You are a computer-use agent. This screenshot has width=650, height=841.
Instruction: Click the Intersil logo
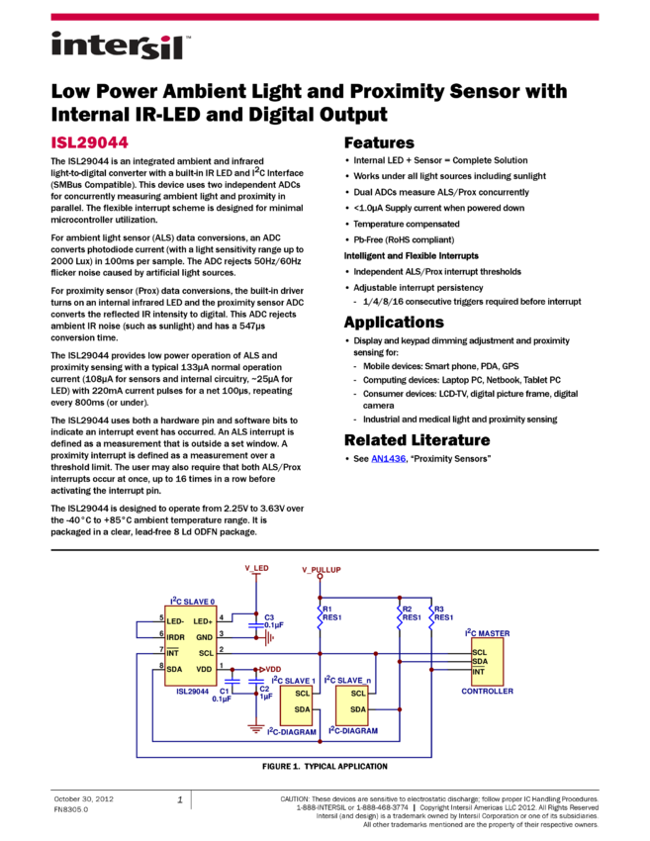(x=121, y=47)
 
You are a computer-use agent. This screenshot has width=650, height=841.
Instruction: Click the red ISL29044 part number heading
(x=90, y=142)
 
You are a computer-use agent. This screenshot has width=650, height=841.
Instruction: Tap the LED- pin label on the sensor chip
(x=175, y=621)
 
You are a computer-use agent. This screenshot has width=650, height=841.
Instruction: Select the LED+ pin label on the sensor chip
(x=204, y=621)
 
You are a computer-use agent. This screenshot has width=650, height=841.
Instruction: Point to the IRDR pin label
(x=176, y=637)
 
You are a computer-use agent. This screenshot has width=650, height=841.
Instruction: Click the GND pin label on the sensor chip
(x=205, y=637)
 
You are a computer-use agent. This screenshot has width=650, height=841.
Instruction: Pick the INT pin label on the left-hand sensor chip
(x=172, y=653)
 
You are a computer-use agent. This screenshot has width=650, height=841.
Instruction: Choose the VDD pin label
(x=205, y=670)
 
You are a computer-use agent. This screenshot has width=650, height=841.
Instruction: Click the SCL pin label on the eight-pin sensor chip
(x=206, y=653)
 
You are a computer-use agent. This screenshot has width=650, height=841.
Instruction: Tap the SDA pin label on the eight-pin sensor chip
(x=174, y=670)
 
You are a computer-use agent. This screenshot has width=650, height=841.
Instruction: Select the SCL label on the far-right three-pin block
(x=480, y=652)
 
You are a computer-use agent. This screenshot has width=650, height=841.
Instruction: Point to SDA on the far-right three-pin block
(x=480, y=662)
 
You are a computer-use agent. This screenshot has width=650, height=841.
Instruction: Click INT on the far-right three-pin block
(x=479, y=672)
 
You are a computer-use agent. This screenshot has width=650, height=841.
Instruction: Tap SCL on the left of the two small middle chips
(x=303, y=694)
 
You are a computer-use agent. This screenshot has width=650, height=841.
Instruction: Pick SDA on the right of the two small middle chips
(x=358, y=709)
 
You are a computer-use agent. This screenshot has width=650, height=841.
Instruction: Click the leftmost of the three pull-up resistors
(x=320, y=617)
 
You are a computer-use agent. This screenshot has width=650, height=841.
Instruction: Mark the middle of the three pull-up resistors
(x=400, y=617)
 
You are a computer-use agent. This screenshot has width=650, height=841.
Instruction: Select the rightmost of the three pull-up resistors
(x=431, y=617)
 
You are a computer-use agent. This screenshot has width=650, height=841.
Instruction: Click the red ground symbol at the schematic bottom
(x=256, y=728)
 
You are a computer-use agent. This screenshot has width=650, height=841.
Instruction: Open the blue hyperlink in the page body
(x=389, y=460)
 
